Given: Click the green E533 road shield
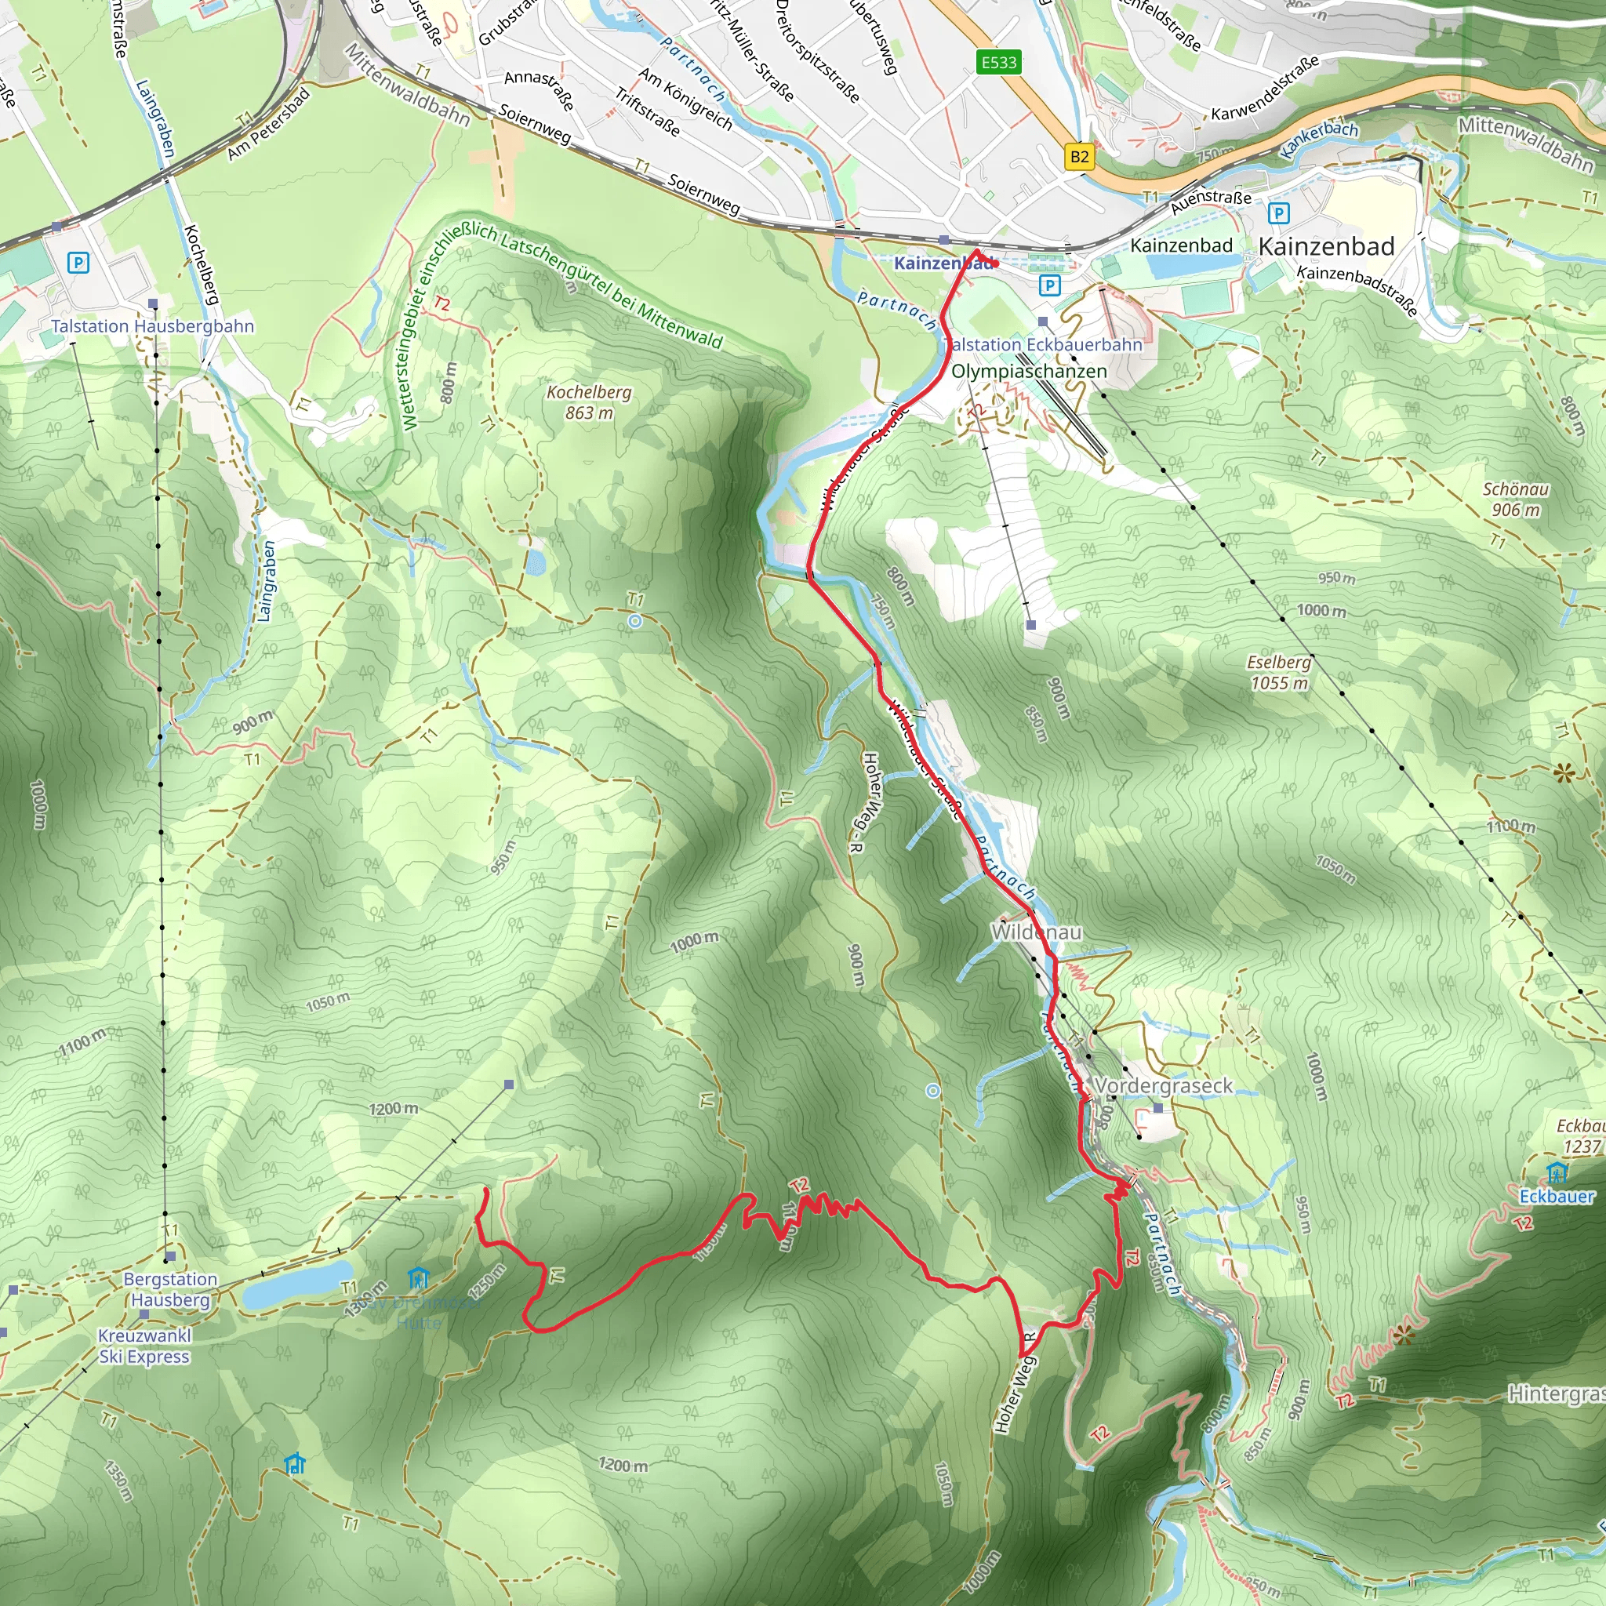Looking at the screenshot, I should click(x=998, y=63).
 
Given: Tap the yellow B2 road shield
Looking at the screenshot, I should click(x=1079, y=156).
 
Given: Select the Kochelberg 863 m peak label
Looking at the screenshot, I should click(x=589, y=402).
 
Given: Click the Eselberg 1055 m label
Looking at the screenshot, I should click(x=1279, y=673).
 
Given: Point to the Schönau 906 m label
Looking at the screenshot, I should click(x=1515, y=500).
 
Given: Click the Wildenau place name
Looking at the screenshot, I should click(x=1036, y=932).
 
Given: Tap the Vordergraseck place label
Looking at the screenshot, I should click(x=1163, y=1085).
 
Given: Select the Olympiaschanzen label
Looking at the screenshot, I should click(x=1028, y=372).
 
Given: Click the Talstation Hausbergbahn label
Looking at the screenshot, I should click(x=152, y=327).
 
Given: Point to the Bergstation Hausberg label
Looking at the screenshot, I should click(x=170, y=1289).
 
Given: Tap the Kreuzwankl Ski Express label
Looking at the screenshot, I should click(x=144, y=1346).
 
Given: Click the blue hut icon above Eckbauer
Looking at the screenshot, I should click(x=1556, y=1173).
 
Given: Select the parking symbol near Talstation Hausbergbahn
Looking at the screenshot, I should click(x=78, y=263).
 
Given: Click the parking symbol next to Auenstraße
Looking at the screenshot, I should click(x=1278, y=213).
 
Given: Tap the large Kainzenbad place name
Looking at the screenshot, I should click(x=1326, y=247).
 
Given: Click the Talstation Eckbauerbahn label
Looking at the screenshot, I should click(x=1043, y=344).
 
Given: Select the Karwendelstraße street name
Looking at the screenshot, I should click(x=1264, y=89).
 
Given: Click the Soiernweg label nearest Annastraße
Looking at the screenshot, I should click(x=535, y=124).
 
